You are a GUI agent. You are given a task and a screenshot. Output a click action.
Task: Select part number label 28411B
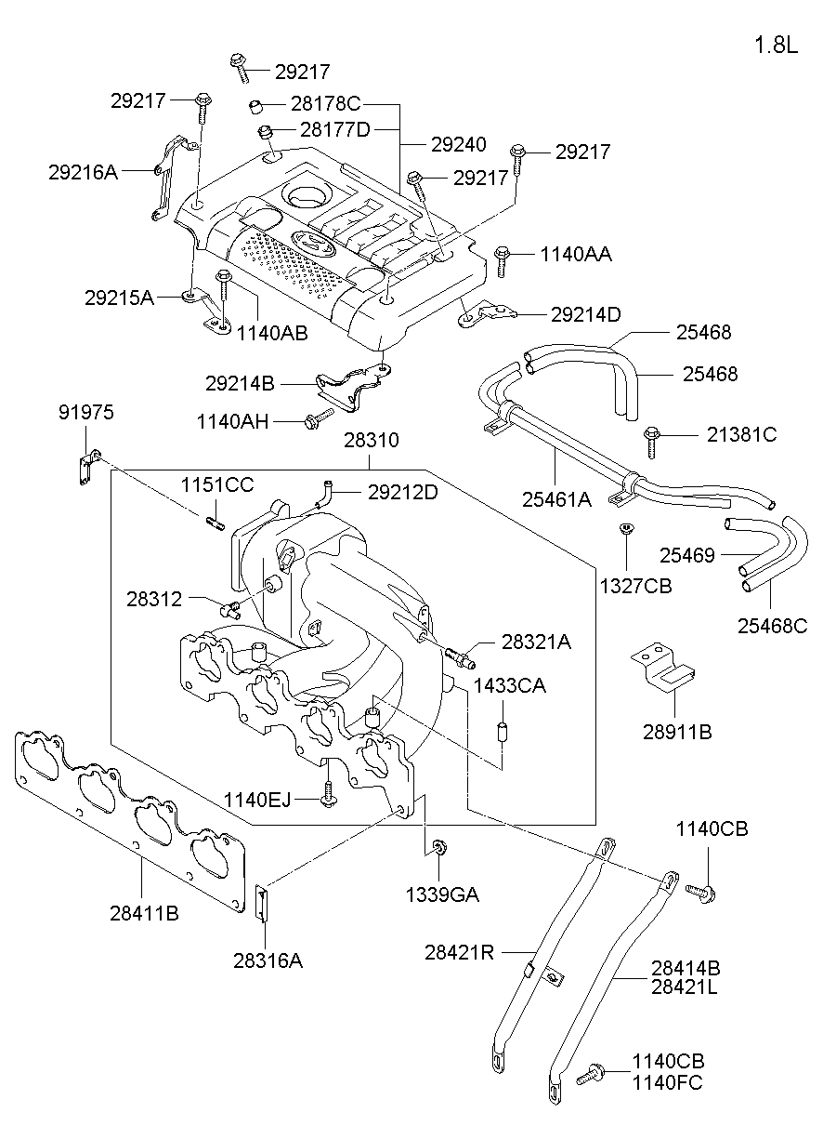[144, 913]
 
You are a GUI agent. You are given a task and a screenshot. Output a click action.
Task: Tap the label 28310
[370, 439]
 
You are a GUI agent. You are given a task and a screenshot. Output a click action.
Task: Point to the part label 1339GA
[442, 894]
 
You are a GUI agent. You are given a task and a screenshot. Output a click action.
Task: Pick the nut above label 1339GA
[440, 847]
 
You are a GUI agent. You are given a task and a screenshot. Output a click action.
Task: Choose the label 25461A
[556, 499]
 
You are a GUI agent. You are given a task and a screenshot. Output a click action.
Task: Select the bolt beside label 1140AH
[317, 418]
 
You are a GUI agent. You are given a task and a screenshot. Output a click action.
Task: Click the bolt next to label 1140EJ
[328, 794]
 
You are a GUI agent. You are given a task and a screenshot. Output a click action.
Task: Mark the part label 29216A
[84, 171]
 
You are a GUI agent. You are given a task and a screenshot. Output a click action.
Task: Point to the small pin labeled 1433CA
[502, 732]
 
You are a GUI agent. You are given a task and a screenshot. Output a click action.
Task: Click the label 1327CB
[635, 586]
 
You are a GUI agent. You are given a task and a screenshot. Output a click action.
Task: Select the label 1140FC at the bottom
[667, 1082]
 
